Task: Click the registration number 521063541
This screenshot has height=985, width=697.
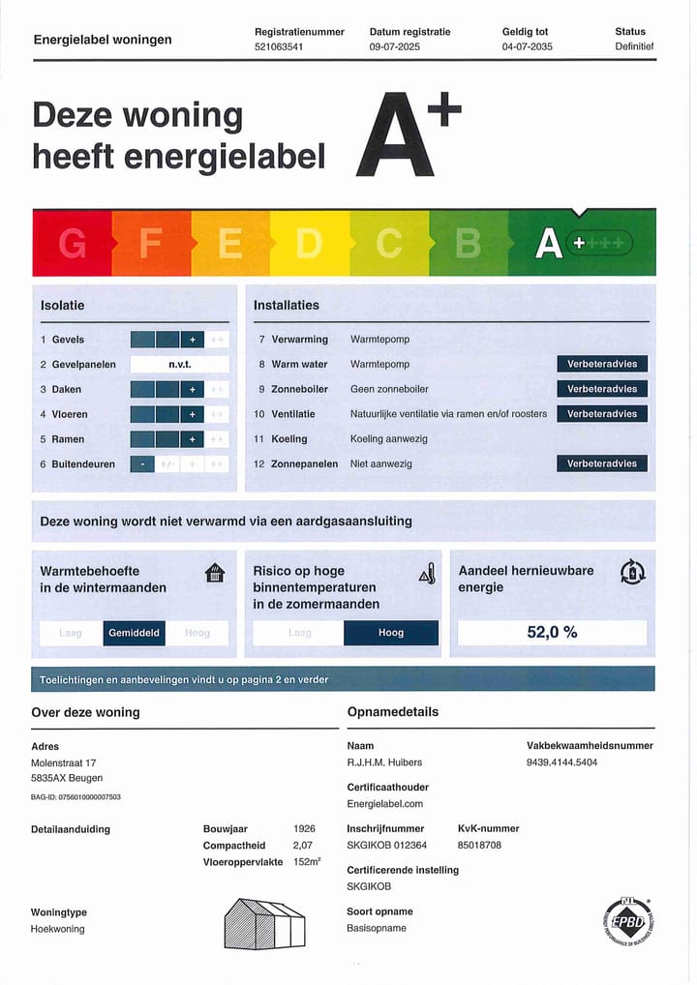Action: click(279, 46)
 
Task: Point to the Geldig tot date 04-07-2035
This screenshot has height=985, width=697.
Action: click(528, 46)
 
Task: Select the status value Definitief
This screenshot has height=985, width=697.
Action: click(634, 46)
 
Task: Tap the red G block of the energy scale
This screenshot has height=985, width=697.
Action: click(73, 244)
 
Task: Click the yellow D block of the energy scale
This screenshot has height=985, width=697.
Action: click(309, 244)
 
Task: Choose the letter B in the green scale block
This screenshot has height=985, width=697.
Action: click(468, 244)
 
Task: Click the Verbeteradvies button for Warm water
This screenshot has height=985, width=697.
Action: click(602, 364)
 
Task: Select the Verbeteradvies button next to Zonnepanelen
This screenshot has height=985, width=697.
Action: click(602, 463)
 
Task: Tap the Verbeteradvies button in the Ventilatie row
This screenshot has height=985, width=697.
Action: click(602, 414)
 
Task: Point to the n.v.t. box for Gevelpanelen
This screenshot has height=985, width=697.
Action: click(180, 365)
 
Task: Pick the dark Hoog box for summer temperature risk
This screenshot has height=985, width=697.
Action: click(391, 633)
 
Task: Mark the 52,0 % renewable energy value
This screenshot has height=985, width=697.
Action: click(552, 633)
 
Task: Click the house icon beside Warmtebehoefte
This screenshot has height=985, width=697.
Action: click(215, 573)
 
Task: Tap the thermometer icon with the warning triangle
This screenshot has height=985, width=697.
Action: click(427, 574)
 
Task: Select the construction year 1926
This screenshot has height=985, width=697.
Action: click(304, 829)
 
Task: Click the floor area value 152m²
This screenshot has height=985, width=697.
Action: click(307, 862)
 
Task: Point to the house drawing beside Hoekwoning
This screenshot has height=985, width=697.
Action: click(264, 924)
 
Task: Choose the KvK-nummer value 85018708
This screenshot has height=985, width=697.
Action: click(479, 845)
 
